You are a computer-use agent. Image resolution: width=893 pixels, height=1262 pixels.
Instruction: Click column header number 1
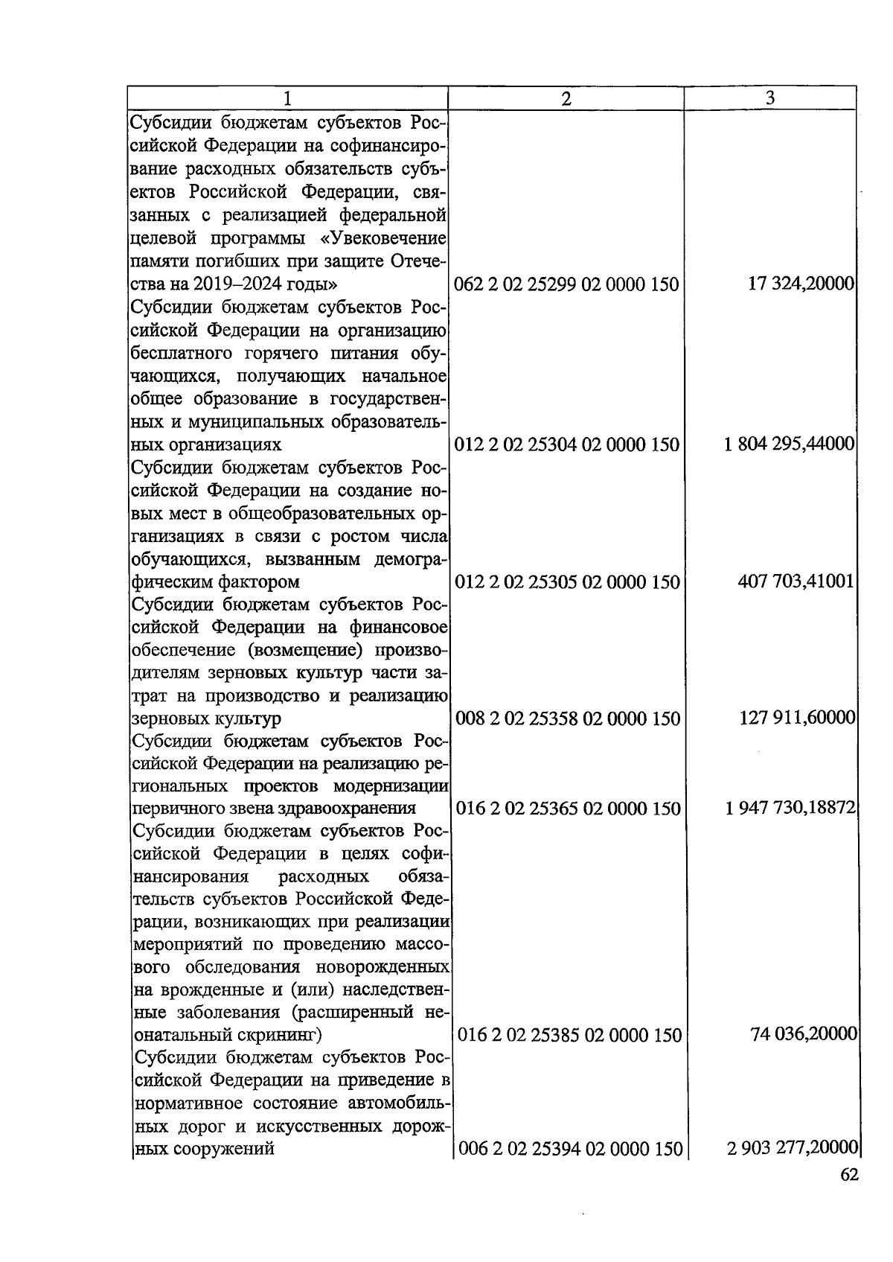287,98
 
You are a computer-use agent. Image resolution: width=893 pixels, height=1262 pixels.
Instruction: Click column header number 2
566,98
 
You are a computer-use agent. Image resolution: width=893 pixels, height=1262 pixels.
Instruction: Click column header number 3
770,98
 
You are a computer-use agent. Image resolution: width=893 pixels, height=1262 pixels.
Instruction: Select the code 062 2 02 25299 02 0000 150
566,284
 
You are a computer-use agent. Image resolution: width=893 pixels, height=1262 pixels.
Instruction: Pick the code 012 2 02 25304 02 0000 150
566,444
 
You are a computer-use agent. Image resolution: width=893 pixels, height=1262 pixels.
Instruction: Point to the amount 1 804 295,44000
789,444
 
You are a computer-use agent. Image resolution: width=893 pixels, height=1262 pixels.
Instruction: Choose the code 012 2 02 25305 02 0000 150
566,581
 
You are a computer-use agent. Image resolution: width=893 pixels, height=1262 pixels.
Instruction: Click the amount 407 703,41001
796,581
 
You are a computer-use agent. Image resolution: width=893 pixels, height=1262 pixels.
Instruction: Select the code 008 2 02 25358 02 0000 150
566,718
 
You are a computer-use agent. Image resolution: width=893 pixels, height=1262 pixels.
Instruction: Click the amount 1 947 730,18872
790,808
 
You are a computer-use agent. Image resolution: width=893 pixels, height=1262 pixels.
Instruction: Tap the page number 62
848,1175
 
